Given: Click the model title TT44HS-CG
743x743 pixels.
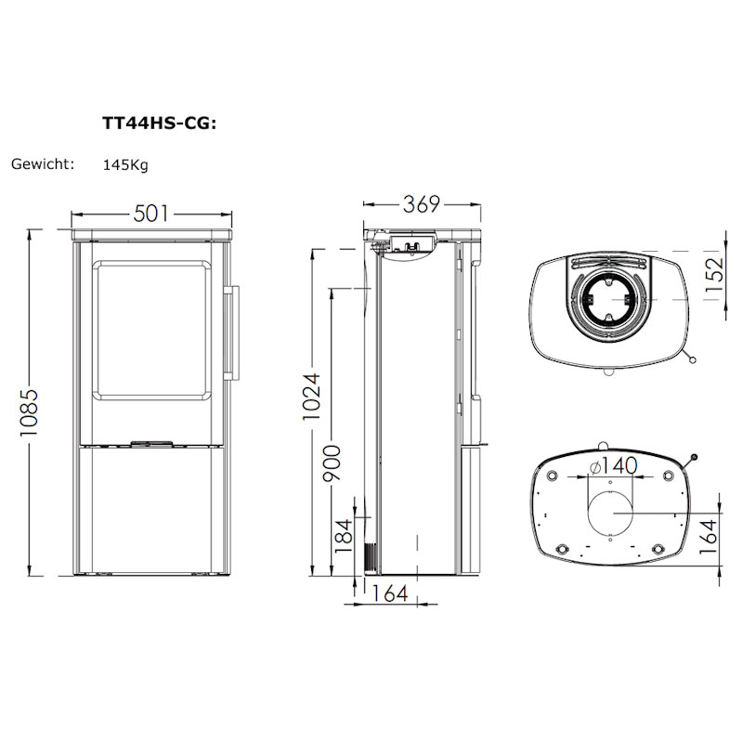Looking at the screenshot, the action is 159,124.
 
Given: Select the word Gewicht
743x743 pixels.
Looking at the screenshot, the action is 43,164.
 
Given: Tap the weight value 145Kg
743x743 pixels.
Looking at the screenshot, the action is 125,165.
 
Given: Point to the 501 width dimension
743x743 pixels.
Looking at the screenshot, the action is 150,214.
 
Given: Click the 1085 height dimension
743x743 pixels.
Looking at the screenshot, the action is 29,413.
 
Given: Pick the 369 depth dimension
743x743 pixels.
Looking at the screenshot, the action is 422,204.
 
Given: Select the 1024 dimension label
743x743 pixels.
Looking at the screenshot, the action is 312,397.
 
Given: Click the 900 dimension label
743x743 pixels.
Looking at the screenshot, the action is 332,463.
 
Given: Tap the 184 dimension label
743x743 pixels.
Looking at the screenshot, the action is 344,536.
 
